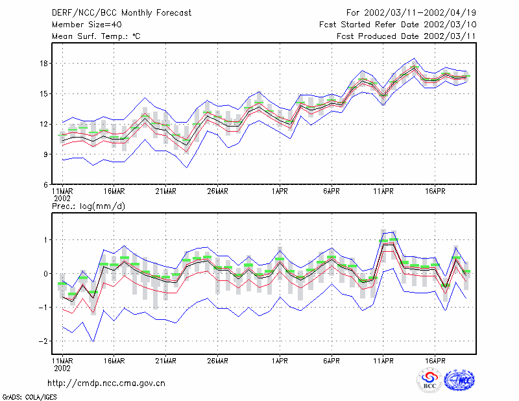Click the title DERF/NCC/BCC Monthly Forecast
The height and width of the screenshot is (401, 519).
pyautogui.click(x=121, y=13)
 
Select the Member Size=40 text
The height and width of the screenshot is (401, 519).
pyautogui.click(x=87, y=25)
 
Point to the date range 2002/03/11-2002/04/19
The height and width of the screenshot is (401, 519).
pyautogui.click(x=420, y=13)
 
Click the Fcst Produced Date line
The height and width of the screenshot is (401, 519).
pyautogui.click(x=407, y=36)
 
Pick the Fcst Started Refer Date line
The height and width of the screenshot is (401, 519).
pyautogui.click(x=398, y=25)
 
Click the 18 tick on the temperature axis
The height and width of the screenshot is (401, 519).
pyautogui.click(x=43, y=63)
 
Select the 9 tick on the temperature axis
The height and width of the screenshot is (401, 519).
pyautogui.click(x=45, y=154)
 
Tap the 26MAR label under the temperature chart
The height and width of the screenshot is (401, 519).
pyautogui.click(x=217, y=191)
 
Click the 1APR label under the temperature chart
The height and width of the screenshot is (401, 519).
pyautogui.click(x=280, y=191)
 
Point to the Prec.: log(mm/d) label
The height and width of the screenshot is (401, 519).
pyautogui.click(x=88, y=206)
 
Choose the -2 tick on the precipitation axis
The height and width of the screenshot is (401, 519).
pyautogui.click(x=43, y=341)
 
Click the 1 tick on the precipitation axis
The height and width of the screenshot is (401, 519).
pyautogui.click(x=46, y=239)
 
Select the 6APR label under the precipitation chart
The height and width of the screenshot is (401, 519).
pyautogui.click(x=332, y=361)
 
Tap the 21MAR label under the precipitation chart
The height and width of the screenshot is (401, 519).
pyautogui.click(x=165, y=361)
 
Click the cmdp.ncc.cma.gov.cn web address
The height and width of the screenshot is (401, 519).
pyautogui.click(x=106, y=383)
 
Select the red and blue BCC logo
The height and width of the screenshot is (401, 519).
pyautogui.click(x=429, y=381)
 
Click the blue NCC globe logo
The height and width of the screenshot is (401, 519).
pyautogui.click(x=459, y=380)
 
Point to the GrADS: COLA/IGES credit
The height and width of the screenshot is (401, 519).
pyautogui.click(x=29, y=397)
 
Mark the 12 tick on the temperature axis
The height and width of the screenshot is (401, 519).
pyautogui.click(x=43, y=124)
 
